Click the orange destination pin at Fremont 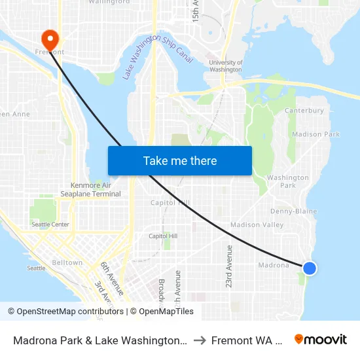point(49,37)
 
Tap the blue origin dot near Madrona point(310,268)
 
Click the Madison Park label point(315,134)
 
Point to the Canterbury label point(304,111)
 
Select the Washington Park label point(288,181)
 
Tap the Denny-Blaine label point(293,211)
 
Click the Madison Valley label point(257,225)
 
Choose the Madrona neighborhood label point(273,265)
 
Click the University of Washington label point(226,66)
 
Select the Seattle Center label point(50,225)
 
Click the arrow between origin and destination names point(200,340)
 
